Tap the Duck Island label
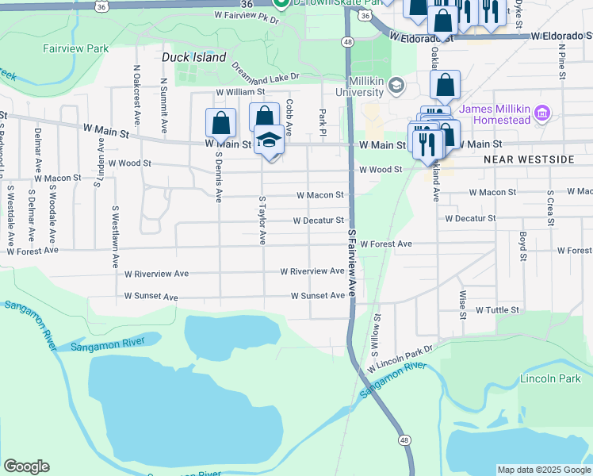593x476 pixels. point(193,57)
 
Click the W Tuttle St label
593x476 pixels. point(497,310)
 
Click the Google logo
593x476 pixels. point(26,466)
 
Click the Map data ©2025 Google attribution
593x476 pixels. point(543,470)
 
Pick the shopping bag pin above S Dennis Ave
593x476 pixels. point(220,122)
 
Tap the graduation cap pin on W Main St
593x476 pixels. point(269,140)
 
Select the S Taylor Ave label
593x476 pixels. point(261,221)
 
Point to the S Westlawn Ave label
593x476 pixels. point(116,236)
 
